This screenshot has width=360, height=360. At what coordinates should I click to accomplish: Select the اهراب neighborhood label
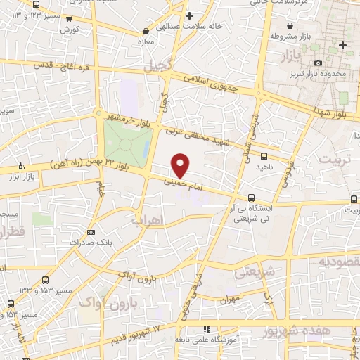click(147, 221)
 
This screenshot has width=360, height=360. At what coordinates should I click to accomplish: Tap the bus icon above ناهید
click(264, 156)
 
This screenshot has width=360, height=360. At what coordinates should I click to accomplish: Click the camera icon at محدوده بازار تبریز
click(319, 63)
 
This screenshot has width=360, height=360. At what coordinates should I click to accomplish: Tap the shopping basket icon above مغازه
click(146, 32)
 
